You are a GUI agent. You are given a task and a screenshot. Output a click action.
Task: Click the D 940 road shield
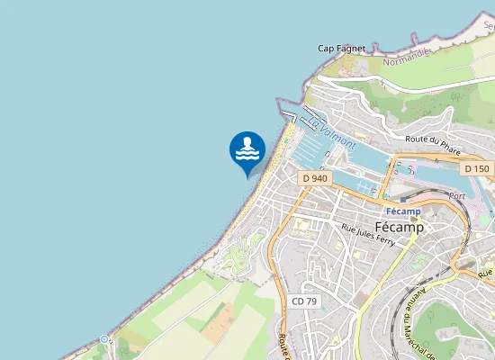(x=315, y=178)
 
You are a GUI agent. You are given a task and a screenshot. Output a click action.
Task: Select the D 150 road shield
(x=476, y=169)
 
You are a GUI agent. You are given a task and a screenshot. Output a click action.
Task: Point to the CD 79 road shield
(x=304, y=301)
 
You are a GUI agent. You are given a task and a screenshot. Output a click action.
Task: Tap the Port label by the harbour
(x=456, y=195)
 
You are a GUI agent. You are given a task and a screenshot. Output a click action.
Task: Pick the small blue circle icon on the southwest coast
(x=105, y=339)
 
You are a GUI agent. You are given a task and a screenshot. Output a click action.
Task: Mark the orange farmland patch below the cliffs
(x=217, y=324)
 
